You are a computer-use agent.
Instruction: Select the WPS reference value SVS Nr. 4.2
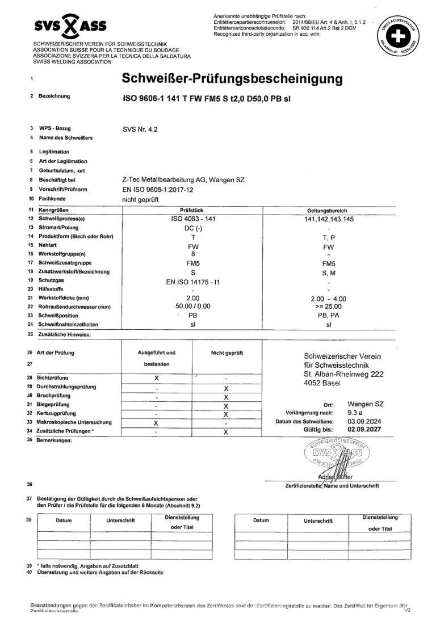click(x=140, y=129)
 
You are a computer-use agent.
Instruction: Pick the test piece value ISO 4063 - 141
click(x=194, y=219)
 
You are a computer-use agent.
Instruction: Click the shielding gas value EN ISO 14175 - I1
click(x=194, y=280)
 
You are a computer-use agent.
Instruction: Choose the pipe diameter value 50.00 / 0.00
click(x=194, y=307)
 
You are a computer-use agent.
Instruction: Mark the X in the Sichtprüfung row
click(x=156, y=378)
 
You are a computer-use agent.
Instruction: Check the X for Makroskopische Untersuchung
click(x=156, y=423)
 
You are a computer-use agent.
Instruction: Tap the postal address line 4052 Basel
click(x=324, y=384)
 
